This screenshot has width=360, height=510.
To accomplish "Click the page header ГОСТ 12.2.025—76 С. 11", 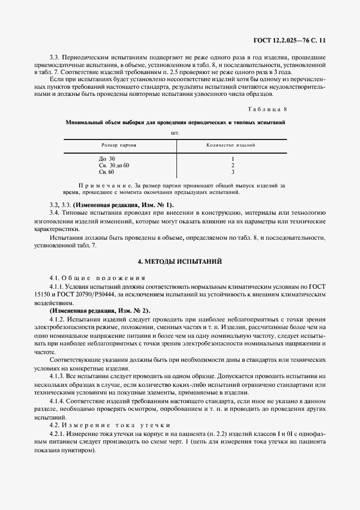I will pos(296,40).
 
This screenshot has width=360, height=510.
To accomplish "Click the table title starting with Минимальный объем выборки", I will pos(175,123).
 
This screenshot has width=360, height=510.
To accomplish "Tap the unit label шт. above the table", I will pos(175,132).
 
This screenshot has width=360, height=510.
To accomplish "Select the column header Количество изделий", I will pos(231,145).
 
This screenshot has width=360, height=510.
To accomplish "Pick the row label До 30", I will pos(107,159).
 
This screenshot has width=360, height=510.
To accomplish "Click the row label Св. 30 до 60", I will pos(114,165).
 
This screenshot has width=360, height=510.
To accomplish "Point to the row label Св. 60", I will pos(106,172).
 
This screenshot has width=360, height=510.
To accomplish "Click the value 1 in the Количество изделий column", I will pos(233,159).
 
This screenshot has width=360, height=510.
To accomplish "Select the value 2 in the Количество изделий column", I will pos(233,165).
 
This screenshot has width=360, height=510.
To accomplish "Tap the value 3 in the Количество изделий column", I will pos(233,172).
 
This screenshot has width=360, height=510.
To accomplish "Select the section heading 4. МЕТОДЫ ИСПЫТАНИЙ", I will pos(179,262).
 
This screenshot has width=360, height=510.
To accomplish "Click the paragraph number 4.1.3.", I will pos(57,376).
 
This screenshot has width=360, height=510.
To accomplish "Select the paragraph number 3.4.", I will pos(54,211).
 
